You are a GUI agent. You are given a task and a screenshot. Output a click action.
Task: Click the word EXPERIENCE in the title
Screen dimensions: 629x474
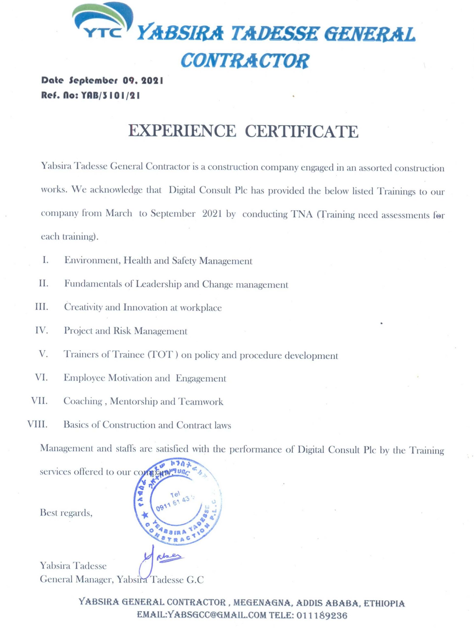coord(182,131)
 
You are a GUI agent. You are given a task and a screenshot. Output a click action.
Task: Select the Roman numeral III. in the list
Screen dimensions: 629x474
coord(42,307)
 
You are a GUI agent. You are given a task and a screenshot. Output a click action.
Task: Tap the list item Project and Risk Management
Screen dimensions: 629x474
coord(125,331)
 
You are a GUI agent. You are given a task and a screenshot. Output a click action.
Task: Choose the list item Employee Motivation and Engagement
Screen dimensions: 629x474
coord(145,378)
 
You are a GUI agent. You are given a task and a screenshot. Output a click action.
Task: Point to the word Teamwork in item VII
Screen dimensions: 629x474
coord(201,401)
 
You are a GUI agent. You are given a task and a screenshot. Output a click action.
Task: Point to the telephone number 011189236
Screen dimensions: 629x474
coord(322,616)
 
